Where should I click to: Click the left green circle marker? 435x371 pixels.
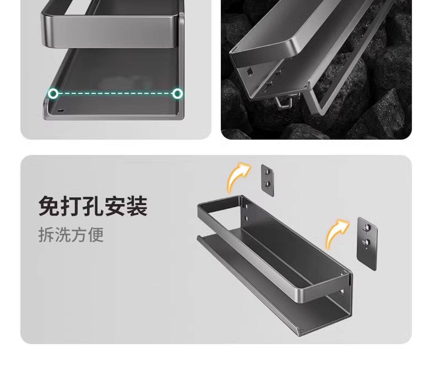tap(53, 93)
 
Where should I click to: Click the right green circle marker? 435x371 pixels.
tap(177, 93)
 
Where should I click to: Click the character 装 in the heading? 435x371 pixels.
tap(137, 206)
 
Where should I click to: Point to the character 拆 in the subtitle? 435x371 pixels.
tap(46, 235)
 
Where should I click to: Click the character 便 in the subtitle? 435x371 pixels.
tap(96, 235)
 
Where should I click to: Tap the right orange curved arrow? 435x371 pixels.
tap(337, 235)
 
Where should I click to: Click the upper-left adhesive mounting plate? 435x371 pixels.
tap(267, 181)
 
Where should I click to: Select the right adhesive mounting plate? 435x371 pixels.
tap(367, 244)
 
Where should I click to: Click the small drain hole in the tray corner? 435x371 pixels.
tap(61, 110)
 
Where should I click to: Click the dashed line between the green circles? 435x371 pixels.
tap(115, 93)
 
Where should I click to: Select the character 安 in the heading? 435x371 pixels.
tap(115, 206)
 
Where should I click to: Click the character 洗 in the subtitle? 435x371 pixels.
tap(63, 235)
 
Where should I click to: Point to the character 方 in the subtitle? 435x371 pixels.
tap(79, 235)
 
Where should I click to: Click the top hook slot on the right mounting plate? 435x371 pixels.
tap(367, 228)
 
